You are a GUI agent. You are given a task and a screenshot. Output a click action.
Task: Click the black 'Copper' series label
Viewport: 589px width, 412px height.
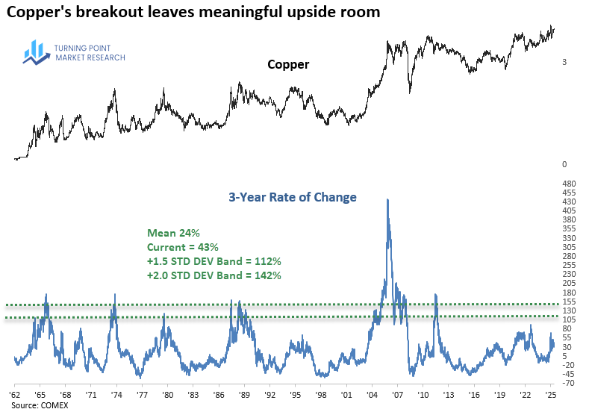pyautogui.click(x=288, y=65)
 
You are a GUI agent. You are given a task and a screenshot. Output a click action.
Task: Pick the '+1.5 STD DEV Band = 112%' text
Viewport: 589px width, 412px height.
pyautogui.click(x=214, y=261)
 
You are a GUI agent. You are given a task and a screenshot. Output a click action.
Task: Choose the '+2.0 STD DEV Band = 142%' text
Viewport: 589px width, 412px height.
pyautogui.click(x=214, y=275)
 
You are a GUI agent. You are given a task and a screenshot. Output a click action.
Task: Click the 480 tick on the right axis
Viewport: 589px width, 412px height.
pyautogui.click(x=568, y=184)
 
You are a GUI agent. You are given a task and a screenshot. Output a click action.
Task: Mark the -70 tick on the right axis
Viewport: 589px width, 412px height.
pyautogui.click(x=568, y=383)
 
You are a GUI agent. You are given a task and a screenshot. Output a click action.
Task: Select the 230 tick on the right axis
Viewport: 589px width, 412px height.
pyautogui.click(x=568, y=274)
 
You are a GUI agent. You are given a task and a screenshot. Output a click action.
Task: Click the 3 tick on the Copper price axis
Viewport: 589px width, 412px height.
pyautogui.click(x=565, y=63)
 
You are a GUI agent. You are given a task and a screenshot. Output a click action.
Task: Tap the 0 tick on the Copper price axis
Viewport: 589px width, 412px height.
pyautogui.click(x=565, y=164)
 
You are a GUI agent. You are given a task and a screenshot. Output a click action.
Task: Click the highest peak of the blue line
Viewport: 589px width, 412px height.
pyautogui.click(x=387, y=200)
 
